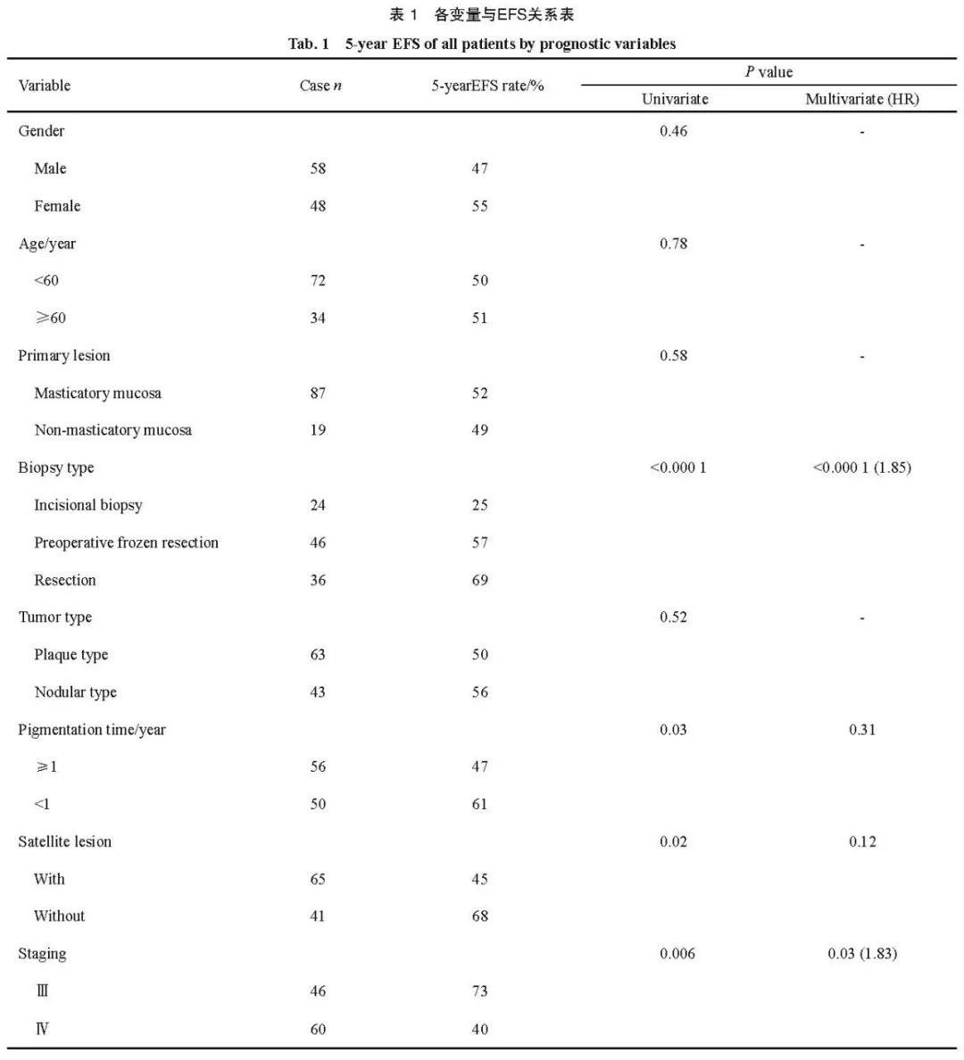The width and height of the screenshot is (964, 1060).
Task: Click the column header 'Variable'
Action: tap(45, 86)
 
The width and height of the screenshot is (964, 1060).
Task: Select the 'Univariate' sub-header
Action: tap(675, 99)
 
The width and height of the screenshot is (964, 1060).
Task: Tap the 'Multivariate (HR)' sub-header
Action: tap(861, 99)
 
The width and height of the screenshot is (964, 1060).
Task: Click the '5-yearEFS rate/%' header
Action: tap(487, 86)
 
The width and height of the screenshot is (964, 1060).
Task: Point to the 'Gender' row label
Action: tap(41, 131)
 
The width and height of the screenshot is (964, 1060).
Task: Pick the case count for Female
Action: tap(318, 206)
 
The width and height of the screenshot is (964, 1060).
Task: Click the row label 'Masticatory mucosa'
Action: tap(97, 393)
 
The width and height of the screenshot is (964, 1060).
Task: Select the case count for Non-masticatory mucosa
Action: tap(318, 430)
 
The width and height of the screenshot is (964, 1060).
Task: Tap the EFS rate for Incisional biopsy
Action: tap(480, 505)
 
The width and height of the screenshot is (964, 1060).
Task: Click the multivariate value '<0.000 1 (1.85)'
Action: tap(861, 468)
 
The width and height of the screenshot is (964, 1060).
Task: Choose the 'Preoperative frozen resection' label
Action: tap(126, 542)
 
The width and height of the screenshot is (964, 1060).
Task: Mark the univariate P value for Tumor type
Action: tap(674, 617)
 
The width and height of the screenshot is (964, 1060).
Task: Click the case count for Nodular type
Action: tap(318, 692)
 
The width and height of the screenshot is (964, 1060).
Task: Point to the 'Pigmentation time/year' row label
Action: tap(92, 730)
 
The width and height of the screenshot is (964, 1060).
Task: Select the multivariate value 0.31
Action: tap(862, 730)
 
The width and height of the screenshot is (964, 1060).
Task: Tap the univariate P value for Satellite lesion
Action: tap(674, 841)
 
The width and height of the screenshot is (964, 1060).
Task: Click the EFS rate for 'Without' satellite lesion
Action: tap(480, 916)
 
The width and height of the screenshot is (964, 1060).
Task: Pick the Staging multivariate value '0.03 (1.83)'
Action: tap(862, 954)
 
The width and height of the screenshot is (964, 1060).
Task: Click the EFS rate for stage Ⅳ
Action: tap(480, 1030)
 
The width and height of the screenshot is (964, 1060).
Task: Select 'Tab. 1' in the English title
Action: tap(309, 44)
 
